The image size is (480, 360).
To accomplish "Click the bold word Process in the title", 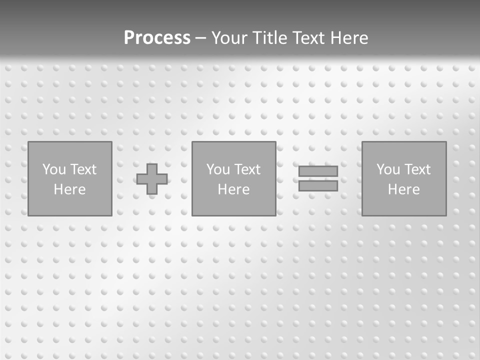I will point(157,38).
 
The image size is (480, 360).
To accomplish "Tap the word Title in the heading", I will point(268,38).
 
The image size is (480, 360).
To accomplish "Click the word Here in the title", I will point(349,38).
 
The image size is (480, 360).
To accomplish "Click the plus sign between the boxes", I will point(152,179).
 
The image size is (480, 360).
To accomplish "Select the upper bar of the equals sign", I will point(318,171).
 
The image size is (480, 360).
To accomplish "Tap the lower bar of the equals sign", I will point(318,186).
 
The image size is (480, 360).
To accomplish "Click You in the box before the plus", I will point(54,169).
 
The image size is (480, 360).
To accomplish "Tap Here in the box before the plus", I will point(69,189).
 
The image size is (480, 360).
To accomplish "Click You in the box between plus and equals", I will point(218,169).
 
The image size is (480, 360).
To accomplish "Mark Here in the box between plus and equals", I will point(233,189).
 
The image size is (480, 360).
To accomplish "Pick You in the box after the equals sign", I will point(388,169).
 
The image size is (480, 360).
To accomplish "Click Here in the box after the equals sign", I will point(403,189).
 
